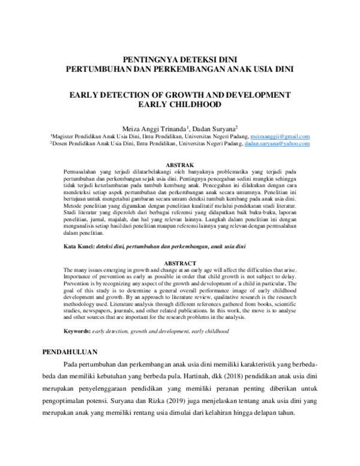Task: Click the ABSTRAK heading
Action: click(180, 165)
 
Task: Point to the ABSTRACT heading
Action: click(180, 263)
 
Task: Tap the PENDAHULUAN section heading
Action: click(74, 351)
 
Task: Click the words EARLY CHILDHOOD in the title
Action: click(179, 104)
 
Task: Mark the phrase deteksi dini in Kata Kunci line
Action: click(114, 247)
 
